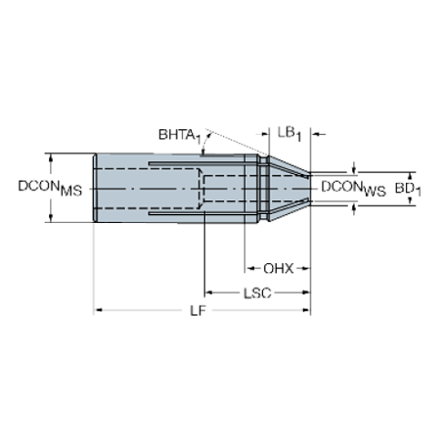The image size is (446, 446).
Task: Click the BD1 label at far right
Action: point(411,188)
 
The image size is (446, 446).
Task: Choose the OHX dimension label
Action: point(278,269)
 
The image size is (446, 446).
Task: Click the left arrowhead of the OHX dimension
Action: point(247,269)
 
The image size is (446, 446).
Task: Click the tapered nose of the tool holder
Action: point(289,188)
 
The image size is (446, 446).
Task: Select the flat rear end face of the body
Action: point(94,188)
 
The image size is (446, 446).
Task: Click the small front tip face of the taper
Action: point(311,188)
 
